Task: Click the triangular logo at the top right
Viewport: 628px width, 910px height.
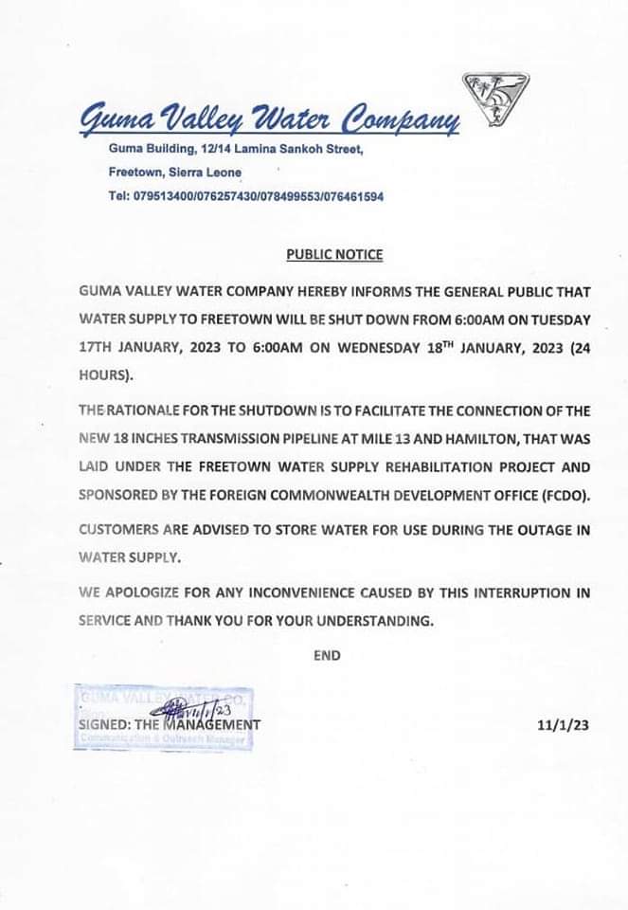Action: [495, 99]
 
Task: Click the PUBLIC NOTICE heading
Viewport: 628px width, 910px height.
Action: [334, 254]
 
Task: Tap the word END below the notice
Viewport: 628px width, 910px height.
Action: [327, 654]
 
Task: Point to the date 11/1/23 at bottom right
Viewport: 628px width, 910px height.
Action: [563, 725]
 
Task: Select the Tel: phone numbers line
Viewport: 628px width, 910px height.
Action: [246, 196]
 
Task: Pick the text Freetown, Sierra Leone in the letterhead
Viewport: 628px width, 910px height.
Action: [175, 173]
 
